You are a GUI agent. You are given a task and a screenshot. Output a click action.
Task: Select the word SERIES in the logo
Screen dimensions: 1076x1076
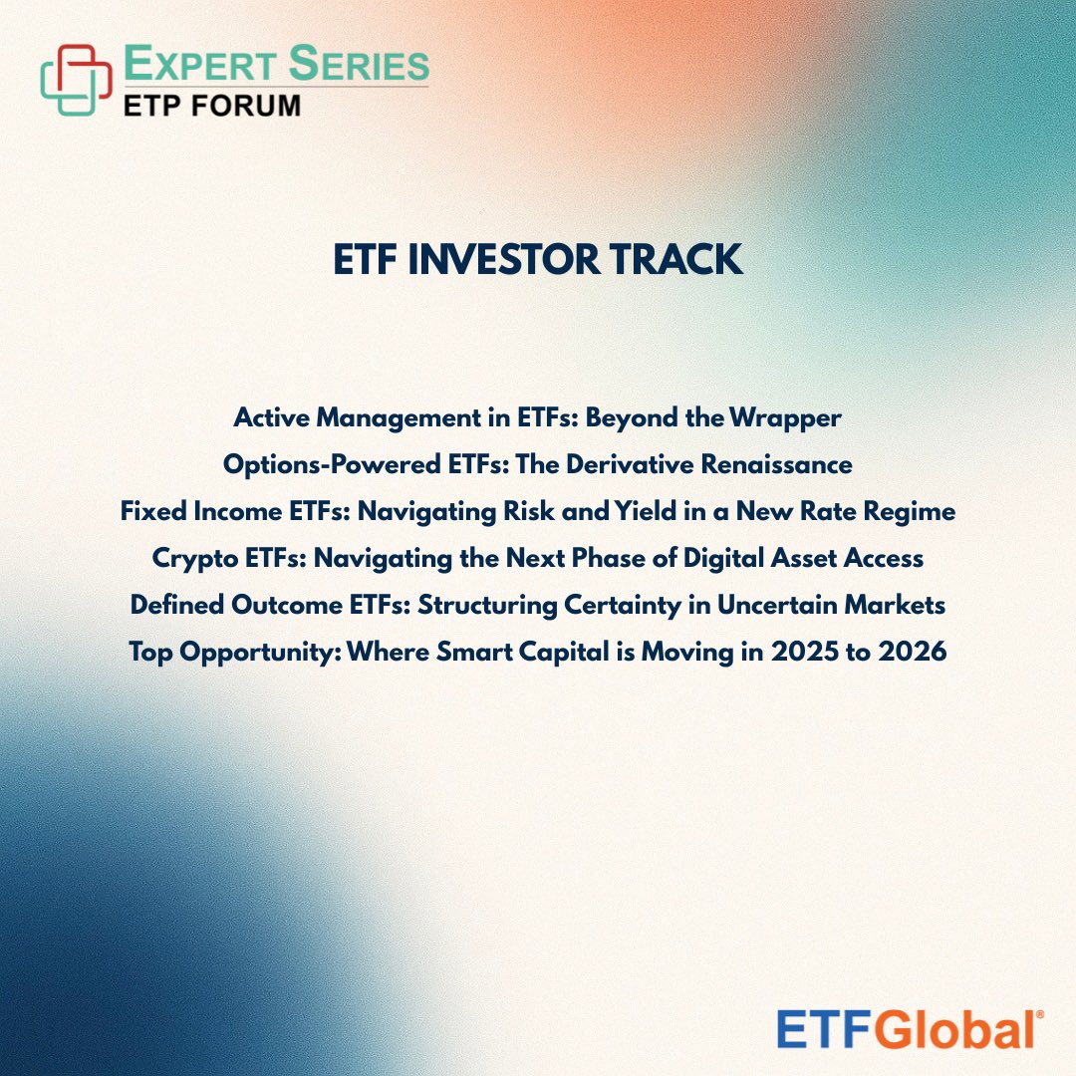[360, 65]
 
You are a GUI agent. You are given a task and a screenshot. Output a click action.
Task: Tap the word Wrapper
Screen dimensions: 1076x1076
[784, 418]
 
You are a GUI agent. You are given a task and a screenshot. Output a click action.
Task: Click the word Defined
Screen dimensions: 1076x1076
[168, 605]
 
